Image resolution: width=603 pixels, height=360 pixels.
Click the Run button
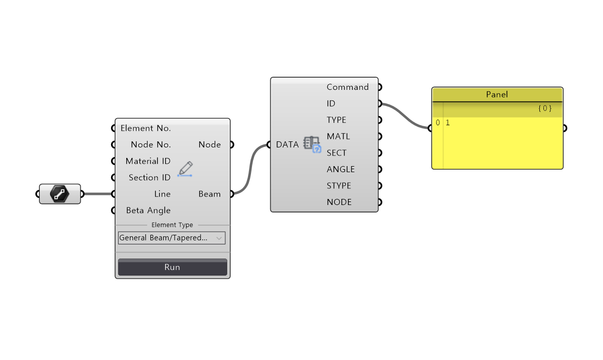172,267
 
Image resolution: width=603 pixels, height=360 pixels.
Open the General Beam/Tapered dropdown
172,238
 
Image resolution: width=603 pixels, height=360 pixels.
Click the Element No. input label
145,128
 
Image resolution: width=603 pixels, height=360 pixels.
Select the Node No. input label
150,144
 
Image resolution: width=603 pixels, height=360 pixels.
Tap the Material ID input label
148,161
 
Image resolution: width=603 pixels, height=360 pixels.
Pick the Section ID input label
149,177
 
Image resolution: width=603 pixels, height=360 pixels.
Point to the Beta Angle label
148,210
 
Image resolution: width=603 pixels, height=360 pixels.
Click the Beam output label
210,194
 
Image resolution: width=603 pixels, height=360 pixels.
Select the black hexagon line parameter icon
60,194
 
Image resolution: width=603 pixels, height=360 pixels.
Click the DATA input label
287,144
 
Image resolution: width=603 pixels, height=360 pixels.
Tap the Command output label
347,87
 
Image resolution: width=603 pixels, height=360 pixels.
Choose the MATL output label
338,136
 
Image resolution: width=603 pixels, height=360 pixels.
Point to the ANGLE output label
340,169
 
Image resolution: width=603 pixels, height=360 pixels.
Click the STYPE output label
339,185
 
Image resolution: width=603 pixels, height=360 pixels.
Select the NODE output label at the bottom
339,202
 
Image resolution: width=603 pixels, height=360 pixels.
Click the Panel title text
497,94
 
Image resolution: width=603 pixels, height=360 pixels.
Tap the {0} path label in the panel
544,108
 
